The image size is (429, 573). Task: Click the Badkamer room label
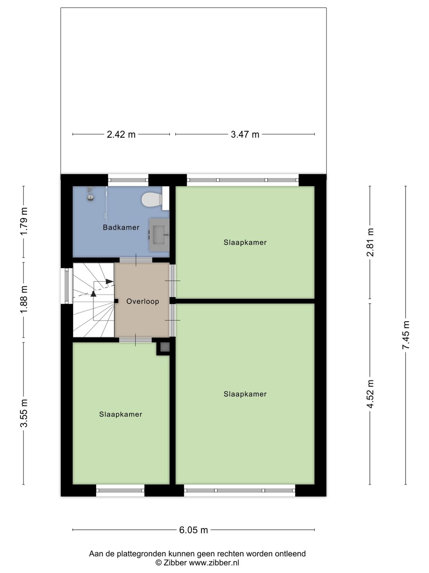(121, 228)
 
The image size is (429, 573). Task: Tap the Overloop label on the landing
(143, 302)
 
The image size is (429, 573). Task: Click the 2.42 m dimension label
(121, 134)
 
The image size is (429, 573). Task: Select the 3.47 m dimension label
(245, 134)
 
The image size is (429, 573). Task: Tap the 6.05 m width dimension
(193, 530)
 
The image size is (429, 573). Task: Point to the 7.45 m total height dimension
(406, 335)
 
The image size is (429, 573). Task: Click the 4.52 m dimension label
(370, 394)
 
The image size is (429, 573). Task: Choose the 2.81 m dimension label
(370, 242)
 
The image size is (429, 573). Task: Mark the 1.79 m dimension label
(24, 221)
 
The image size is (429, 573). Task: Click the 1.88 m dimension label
(24, 299)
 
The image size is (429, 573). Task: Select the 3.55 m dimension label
(24, 413)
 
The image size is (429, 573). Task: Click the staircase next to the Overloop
(93, 300)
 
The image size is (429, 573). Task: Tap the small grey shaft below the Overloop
(164, 347)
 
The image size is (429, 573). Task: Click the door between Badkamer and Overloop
(136, 260)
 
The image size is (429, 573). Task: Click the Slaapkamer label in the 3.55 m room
(121, 415)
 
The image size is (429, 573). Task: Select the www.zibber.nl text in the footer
(214, 563)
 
